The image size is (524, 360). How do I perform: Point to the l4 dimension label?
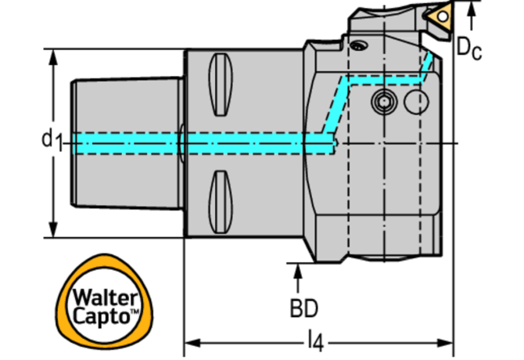point(315,340)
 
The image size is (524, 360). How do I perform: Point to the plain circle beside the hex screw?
point(418,101)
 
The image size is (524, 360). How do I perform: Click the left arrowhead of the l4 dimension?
point(190,343)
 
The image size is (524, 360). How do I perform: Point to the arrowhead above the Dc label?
point(471,9)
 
